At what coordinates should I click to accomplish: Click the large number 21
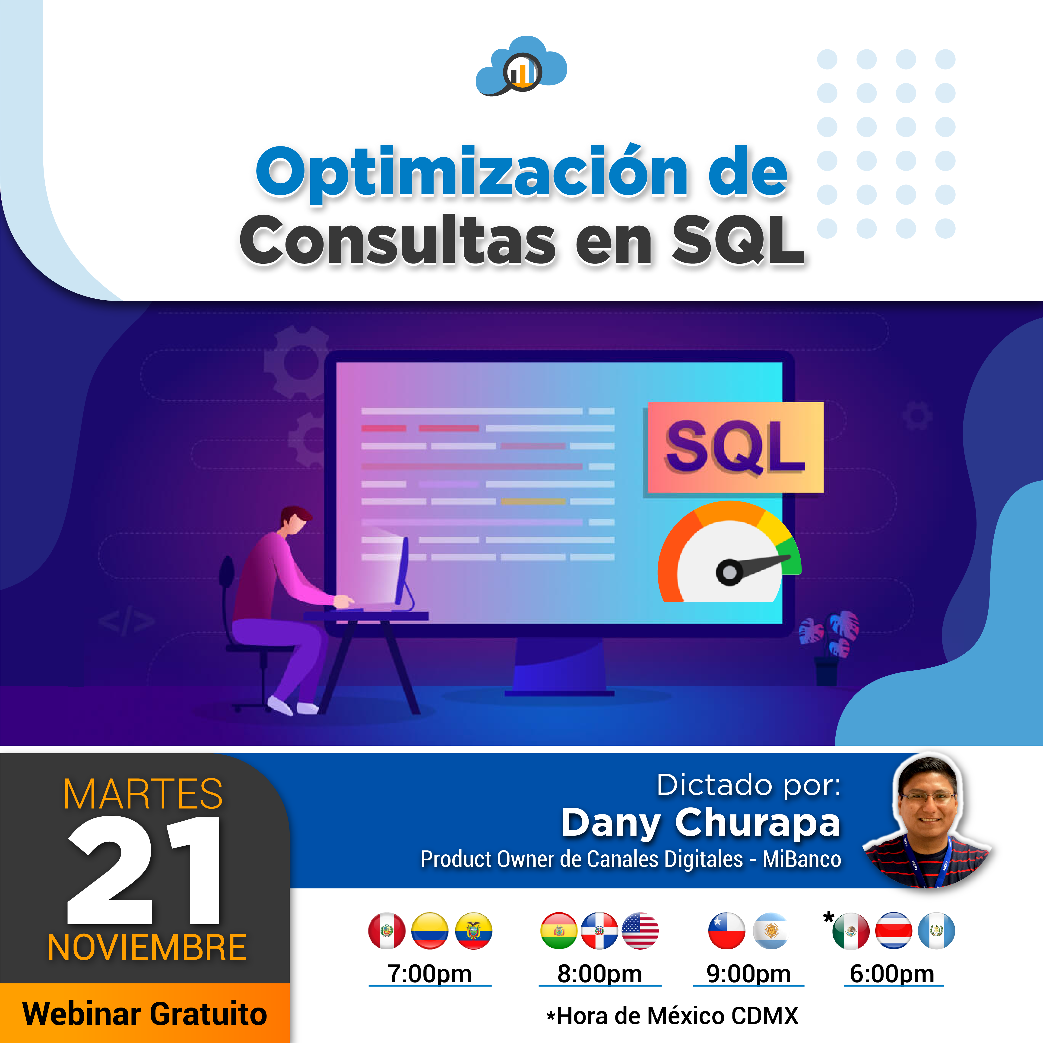(x=144, y=870)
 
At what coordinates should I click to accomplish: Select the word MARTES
(x=143, y=794)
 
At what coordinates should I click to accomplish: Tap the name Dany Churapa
(x=701, y=823)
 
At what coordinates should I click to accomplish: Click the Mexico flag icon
(x=851, y=931)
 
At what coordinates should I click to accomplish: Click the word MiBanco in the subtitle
(x=802, y=859)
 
